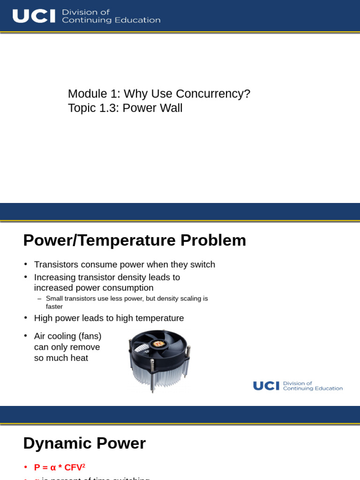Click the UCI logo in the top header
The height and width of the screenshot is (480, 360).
click(34, 16)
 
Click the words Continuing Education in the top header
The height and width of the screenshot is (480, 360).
click(111, 20)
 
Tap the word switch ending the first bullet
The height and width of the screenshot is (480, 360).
click(202, 264)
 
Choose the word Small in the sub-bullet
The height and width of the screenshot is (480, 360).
click(54, 299)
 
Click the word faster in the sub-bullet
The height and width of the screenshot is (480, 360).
click(54, 307)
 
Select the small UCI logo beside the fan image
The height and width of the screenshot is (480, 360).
click(266, 386)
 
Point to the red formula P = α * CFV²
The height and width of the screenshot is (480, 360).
click(60, 467)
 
